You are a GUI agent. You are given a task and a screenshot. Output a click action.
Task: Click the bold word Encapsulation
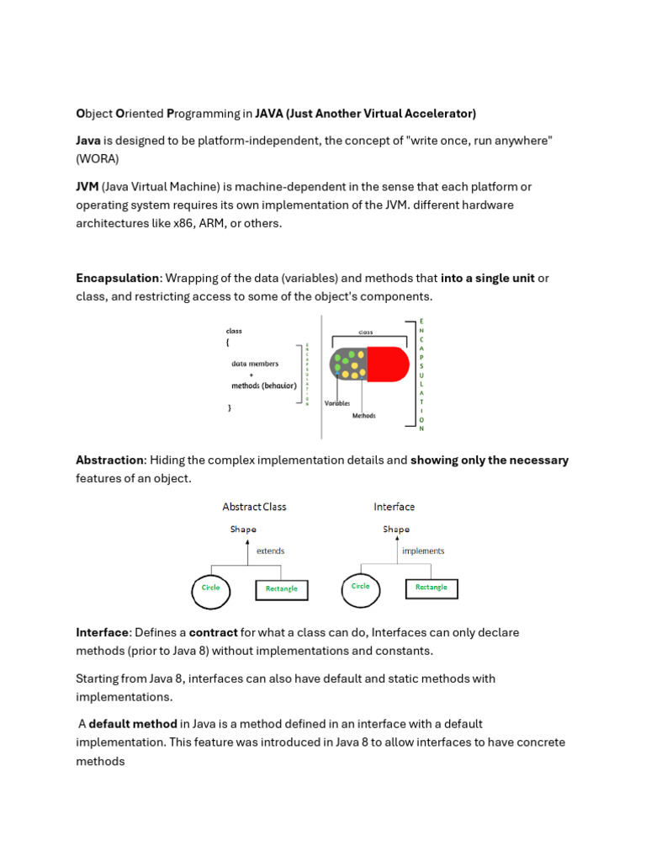(117, 279)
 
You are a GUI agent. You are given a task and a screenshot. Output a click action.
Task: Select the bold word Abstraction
(110, 460)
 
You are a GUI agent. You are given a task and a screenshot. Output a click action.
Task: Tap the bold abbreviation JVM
(87, 186)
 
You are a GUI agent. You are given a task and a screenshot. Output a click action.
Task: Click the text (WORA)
(98, 158)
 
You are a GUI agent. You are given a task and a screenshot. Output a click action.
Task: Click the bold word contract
(213, 632)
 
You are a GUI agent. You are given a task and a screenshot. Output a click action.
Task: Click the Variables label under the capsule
(337, 403)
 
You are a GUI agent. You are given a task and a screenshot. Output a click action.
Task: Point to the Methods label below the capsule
(363, 416)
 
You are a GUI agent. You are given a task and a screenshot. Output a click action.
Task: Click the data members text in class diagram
(255, 364)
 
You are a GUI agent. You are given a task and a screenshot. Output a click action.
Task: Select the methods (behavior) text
(263, 386)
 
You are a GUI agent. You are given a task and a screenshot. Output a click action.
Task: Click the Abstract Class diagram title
(254, 507)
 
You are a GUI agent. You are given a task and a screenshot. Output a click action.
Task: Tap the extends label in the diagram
(270, 551)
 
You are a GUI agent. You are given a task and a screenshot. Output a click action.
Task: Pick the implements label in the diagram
(423, 551)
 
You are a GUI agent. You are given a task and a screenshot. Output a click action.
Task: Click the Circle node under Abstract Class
(210, 588)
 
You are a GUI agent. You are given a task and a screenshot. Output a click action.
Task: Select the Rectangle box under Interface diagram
(431, 588)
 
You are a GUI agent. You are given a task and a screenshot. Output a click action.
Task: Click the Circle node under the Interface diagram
(360, 588)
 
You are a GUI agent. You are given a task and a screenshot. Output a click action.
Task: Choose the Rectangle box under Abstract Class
(282, 589)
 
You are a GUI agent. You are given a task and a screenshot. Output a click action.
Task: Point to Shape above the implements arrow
(396, 529)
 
